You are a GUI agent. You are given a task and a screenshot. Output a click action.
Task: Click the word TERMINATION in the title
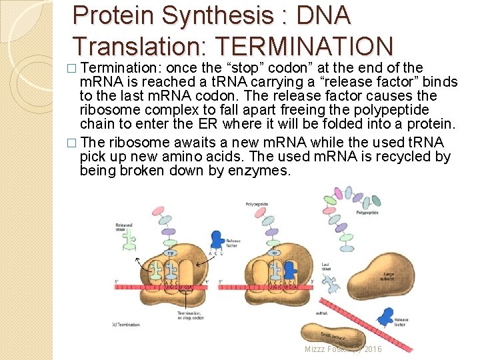click(x=302, y=45)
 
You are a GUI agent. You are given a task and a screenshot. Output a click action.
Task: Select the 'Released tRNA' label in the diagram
click(x=124, y=227)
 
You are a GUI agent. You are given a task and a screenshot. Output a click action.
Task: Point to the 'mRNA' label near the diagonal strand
click(x=321, y=312)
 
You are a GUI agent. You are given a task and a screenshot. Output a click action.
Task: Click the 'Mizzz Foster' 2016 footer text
click(x=343, y=349)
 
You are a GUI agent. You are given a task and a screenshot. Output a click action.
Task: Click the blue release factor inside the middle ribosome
click(x=289, y=270)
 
